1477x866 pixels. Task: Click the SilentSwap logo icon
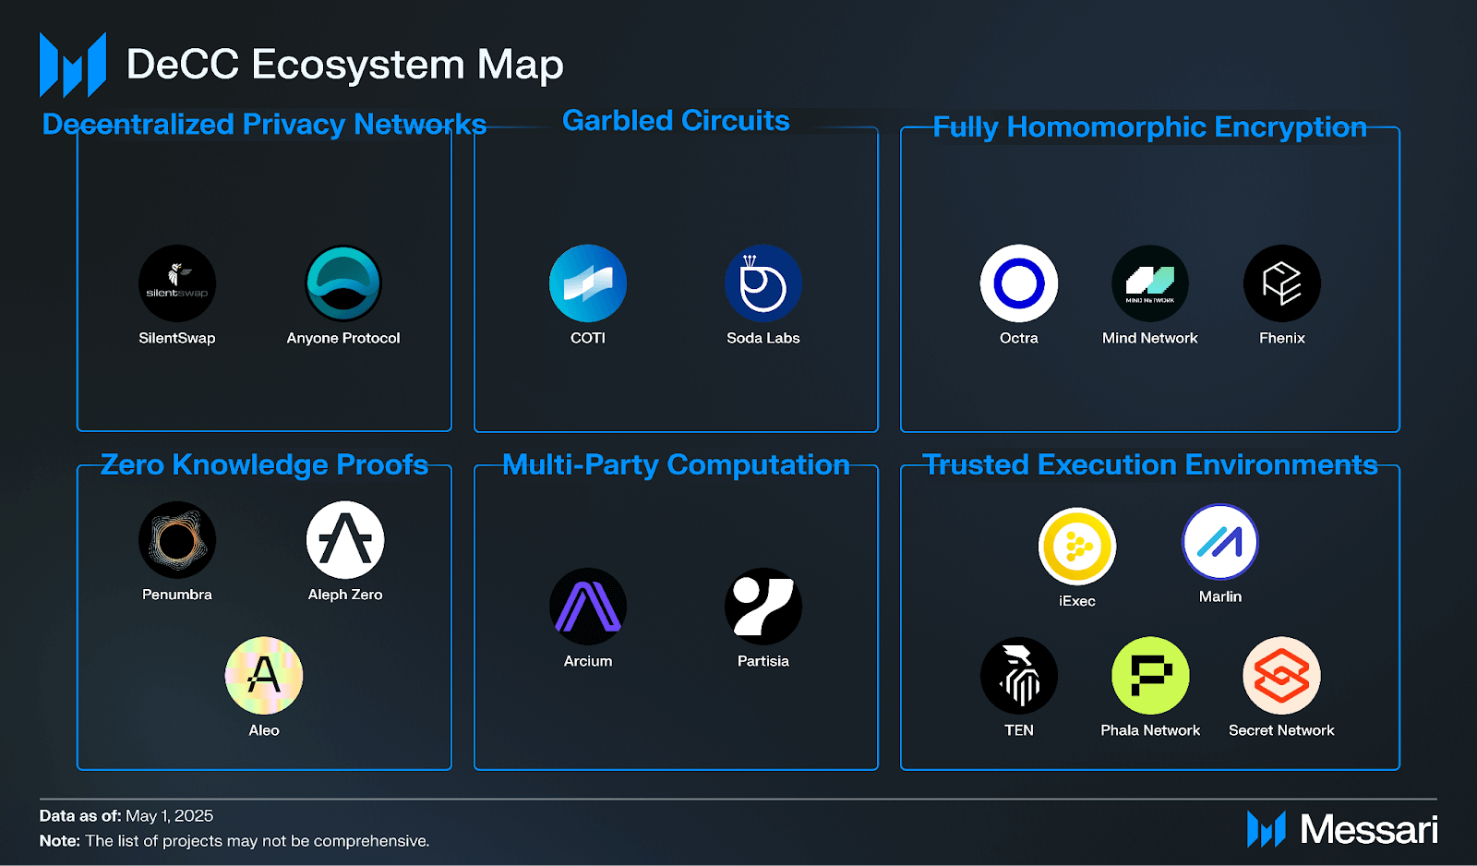pyautogui.click(x=177, y=283)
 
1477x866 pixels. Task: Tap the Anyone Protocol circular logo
pyautogui.click(x=343, y=283)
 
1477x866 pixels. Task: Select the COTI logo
pyautogui.click(x=588, y=283)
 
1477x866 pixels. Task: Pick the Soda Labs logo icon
pyautogui.click(x=763, y=283)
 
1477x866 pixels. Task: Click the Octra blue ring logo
pyautogui.click(x=1019, y=283)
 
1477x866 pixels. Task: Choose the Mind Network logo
pyautogui.click(x=1150, y=283)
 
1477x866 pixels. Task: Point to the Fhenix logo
pyautogui.click(x=1282, y=283)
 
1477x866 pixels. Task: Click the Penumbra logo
pyautogui.click(x=177, y=540)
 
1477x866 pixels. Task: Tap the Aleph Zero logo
pyautogui.click(x=345, y=540)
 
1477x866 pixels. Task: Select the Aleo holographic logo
pyautogui.click(x=264, y=676)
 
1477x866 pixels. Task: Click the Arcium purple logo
pyautogui.click(x=588, y=607)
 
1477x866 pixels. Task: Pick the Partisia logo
pyautogui.click(x=763, y=607)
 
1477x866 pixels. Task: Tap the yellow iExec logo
pyautogui.click(x=1077, y=547)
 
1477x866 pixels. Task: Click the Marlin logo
pyautogui.click(x=1220, y=542)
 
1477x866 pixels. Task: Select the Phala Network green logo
pyautogui.click(x=1150, y=676)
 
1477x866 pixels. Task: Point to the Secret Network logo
pyautogui.click(x=1282, y=676)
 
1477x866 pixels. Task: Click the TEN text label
pyautogui.click(x=1019, y=730)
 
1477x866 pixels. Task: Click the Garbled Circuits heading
pyautogui.click(x=676, y=121)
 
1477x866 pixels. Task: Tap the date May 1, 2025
pyautogui.click(x=169, y=816)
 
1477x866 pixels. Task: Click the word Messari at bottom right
pyautogui.click(x=1369, y=830)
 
